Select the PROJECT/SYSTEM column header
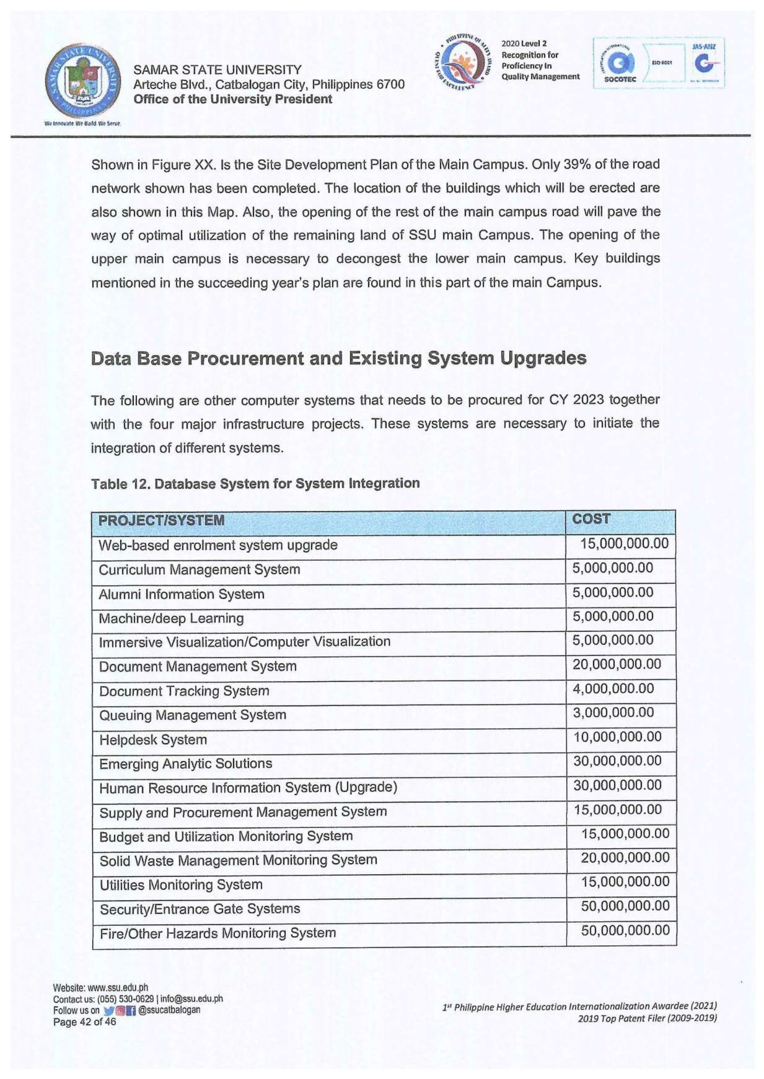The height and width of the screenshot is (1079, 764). coord(161,520)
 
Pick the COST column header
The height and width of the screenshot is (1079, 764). coord(591,519)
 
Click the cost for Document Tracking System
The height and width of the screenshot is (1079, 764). coord(613,688)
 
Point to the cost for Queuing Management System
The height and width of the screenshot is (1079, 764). coord(613,712)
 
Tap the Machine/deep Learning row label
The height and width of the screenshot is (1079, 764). coord(171,618)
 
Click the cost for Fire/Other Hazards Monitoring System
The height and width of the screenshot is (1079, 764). coord(625,930)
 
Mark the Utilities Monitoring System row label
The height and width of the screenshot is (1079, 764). coord(181,885)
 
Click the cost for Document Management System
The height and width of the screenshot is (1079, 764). coord(617,664)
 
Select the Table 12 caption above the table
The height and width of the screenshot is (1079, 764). coord(255,483)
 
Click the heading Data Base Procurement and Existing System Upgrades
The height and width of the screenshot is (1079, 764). coord(339,358)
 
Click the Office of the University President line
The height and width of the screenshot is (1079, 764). coord(233,99)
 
